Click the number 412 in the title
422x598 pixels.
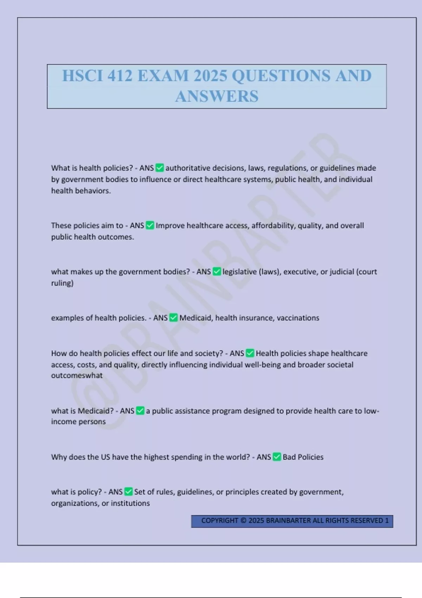[x=120, y=76]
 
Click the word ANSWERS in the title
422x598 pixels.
[x=217, y=96]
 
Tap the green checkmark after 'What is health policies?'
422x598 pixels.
[x=160, y=168]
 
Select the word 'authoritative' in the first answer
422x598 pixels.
[x=188, y=168]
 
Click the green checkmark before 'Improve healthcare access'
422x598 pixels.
[x=150, y=225]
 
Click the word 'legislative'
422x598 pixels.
[x=239, y=272]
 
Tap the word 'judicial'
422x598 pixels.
[x=342, y=272]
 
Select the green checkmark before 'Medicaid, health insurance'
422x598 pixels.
[x=173, y=318]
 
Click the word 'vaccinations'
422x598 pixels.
[x=298, y=318]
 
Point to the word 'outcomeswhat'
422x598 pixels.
[x=77, y=375]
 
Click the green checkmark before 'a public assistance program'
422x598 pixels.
[x=140, y=411]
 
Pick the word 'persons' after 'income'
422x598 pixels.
[x=92, y=421]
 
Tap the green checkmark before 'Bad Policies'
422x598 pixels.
[x=277, y=457]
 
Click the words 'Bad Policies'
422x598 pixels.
[x=303, y=457]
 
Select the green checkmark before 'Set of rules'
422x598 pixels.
[x=128, y=491]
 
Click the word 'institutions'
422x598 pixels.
[x=130, y=503]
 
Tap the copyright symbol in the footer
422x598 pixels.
[x=243, y=520]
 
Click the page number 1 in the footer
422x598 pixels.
[x=387, y=520]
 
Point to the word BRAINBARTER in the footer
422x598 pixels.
[x=288, y=520]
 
